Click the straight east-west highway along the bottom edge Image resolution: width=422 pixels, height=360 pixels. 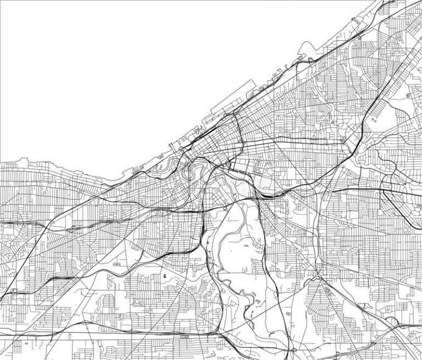(110, 333)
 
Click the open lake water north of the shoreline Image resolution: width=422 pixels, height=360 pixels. (110, 66)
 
